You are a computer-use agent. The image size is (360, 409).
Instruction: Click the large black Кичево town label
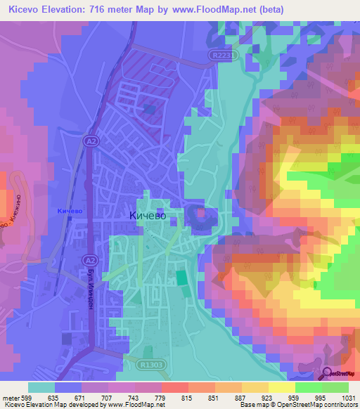pyautogui.click(x=148, y=216)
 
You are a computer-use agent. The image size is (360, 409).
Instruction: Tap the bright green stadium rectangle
pyautogui.click(x=181, y=278)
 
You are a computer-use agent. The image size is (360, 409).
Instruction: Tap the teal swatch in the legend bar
pyautogui.click(x=41, y=387)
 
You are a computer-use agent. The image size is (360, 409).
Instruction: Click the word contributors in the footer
pyautogui.click(x=340, y=405)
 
